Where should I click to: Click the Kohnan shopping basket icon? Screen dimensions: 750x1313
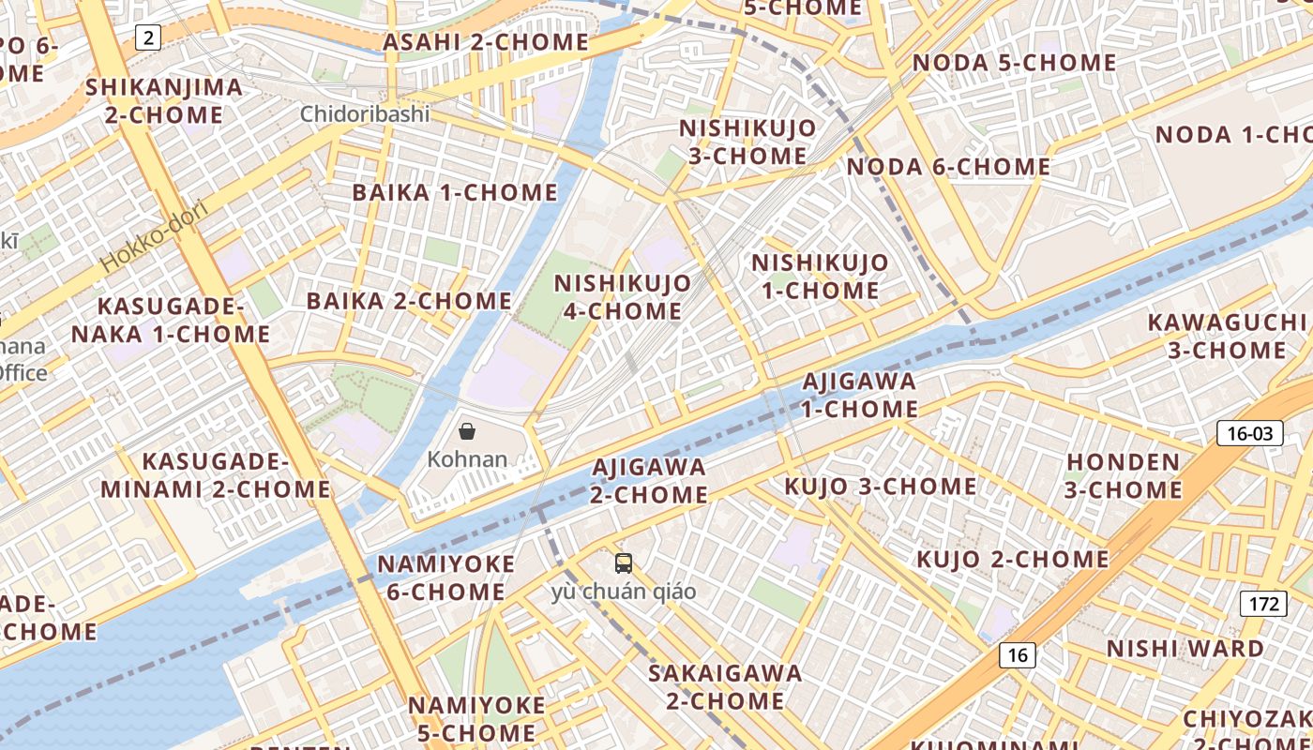click(467, 431)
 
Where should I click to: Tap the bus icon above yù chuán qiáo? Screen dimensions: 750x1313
click(624, 563)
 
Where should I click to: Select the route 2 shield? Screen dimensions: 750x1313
click(147, 37)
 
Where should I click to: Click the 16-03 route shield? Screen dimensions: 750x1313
click(1249, 432)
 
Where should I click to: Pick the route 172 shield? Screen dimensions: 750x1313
click(1262, 603)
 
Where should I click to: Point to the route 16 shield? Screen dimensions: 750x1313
click(1018, 654)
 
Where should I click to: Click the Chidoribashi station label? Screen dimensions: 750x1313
click(365, 114)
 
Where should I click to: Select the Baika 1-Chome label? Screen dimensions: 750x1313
click(455, 192)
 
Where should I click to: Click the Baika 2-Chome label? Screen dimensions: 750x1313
click(409, 301)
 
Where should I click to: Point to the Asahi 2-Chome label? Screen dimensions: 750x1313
click(486, 42)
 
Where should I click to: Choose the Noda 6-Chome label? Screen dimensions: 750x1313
click(948, 167)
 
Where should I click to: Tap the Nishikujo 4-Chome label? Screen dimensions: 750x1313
click(622, 296)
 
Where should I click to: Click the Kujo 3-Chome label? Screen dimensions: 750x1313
click(880, 486)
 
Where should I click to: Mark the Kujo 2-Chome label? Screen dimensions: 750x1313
click(1012, 560)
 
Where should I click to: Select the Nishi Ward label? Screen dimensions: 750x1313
click(1185, 649)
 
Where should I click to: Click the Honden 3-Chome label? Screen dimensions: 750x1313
click(1124, 475)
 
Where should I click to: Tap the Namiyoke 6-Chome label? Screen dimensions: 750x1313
click(446, 577)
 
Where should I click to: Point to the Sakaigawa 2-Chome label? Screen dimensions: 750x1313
click(725, 686)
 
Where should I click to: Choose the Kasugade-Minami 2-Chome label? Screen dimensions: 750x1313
click(216, 475)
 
